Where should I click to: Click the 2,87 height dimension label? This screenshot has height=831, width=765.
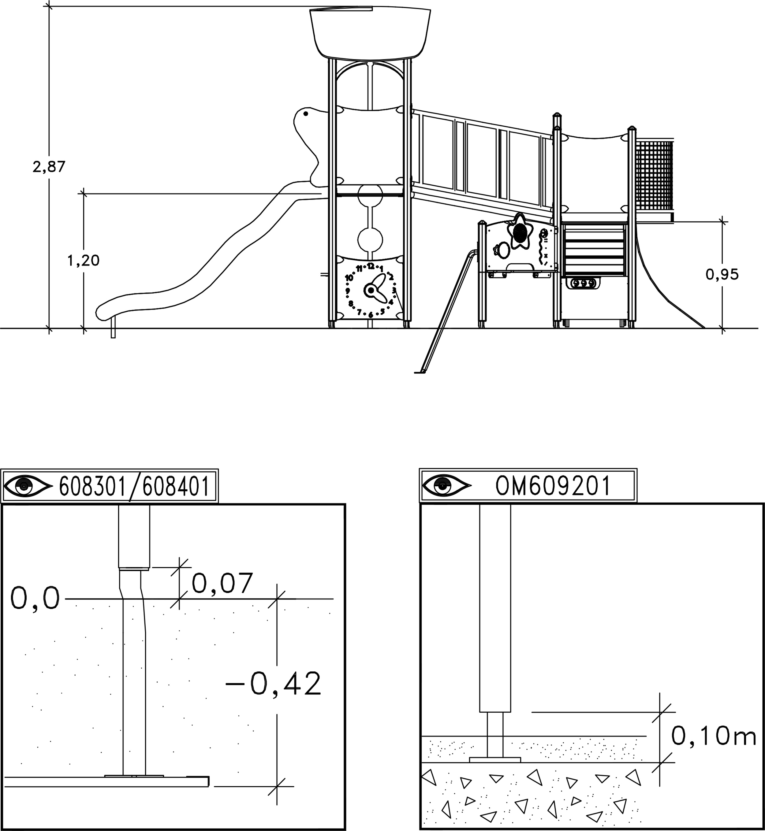tap(49, 167)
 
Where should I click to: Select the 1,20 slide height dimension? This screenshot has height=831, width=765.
tap(83, 260)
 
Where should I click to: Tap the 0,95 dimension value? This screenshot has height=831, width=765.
tap(722, 274)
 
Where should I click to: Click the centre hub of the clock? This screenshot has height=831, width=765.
tap(371, 291)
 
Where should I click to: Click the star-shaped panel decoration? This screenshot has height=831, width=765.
tap(520, 231)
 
